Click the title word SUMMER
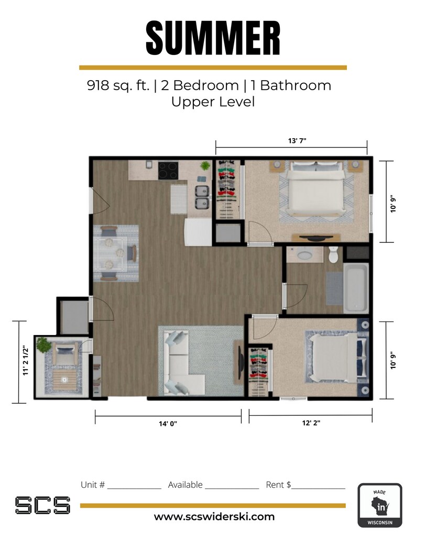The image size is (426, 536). (x=213, y=38)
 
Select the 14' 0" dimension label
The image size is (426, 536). (x=168, y=423)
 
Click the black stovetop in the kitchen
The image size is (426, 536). (x=168, y=170)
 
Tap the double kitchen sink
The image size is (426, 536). (x=202, y=197)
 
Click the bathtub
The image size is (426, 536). (x=356, y=287)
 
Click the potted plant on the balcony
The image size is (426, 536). (x=43, y=345)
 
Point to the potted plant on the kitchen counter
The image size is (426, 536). (x=205, y=166)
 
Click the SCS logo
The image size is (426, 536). (x=42, y=505)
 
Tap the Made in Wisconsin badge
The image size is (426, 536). (x=379, y=505)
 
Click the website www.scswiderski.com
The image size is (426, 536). (x=214, y=517)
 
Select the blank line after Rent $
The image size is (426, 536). (x=319, y=486)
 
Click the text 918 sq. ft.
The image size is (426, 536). (x=118, y=85)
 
